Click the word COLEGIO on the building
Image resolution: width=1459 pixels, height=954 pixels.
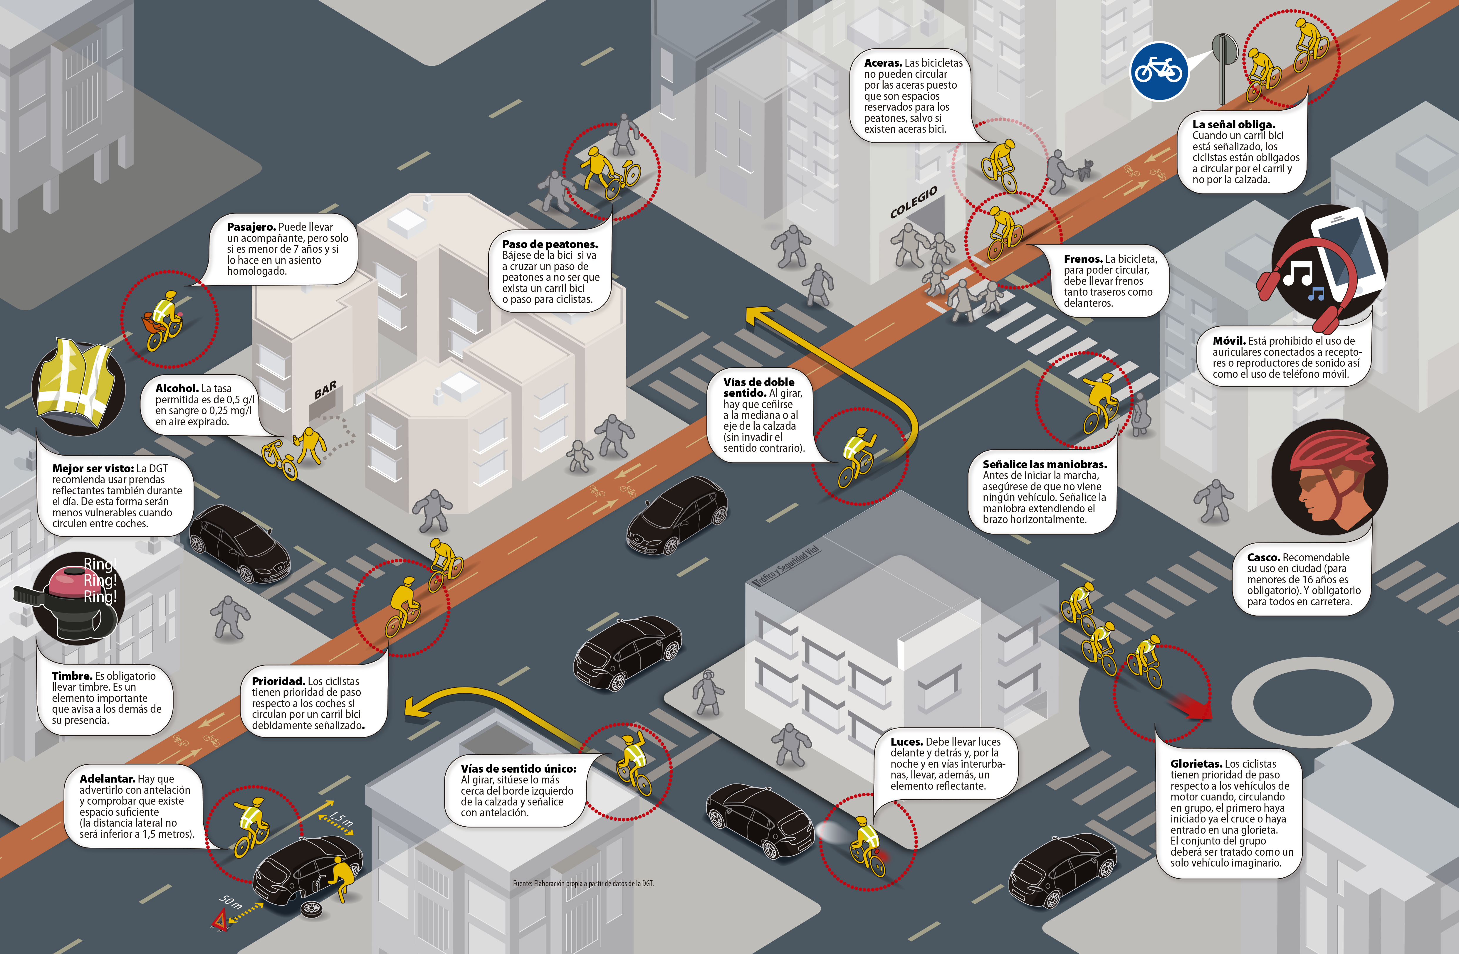[x=914, y=202]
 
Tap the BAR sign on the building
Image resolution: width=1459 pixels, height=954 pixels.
[x=325, y=389]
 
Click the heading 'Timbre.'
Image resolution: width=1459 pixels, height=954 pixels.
[x=72, y=676]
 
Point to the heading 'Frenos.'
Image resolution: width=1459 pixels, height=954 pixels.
[x=1083, y=259]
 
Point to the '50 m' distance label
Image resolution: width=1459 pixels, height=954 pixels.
[x=231, y=901]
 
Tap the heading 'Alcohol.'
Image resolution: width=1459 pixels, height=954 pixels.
[x=177, y=388]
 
